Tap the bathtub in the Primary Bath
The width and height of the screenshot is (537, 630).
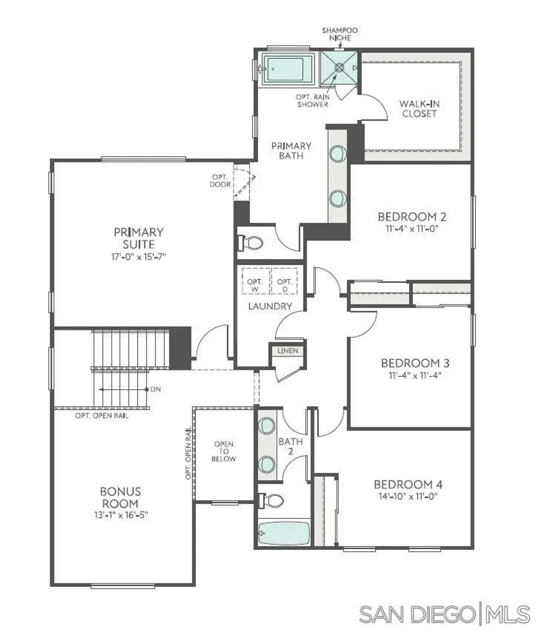pos(285,69)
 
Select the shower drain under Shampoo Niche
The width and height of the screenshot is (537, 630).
pos(339,67)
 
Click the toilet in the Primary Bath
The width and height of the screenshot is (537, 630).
pos(251,243)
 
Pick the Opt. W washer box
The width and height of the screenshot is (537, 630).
pos(255,282)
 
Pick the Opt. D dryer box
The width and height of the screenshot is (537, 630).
pos(285,282)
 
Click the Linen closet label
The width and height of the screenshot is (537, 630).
pos(287,350)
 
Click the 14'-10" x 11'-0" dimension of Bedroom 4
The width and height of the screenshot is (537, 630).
pos(407,496)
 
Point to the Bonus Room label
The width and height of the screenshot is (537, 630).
pos(121,497)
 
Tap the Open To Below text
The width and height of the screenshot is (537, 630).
pos(224,451)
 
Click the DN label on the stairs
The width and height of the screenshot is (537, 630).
pos(155,390)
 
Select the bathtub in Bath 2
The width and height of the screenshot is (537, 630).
pos(284,534)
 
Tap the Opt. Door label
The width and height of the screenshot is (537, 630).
pos(220,181)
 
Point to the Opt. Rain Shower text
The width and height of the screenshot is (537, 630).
pos(313,101)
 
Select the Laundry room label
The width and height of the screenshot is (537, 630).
pos(270,306)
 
